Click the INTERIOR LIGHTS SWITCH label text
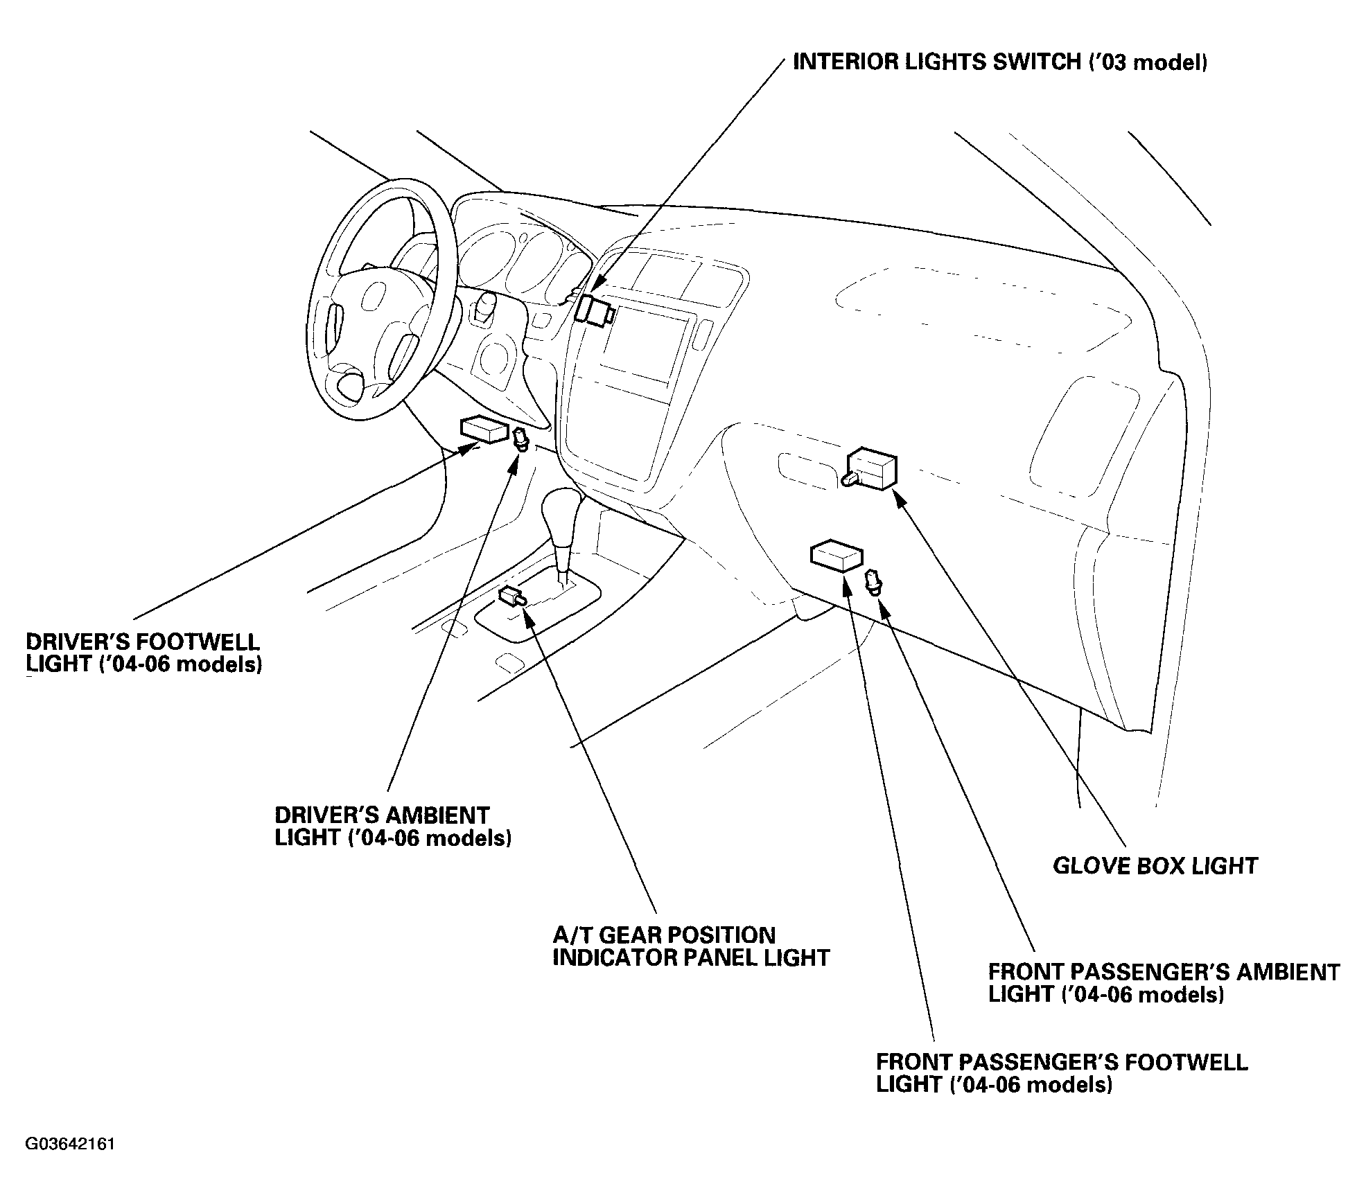(x=1000, y=62)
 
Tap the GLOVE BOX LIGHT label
(x=1155, y=866)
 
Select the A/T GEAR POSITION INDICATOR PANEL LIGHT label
(x=691, y=946)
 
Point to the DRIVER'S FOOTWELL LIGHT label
(x=143, y=653)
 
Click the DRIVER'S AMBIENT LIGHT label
(x=393, y=826)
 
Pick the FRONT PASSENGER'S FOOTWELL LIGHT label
(x=1062, y=1073)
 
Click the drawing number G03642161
(x=70, y=1144)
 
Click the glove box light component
(x=870, y=469)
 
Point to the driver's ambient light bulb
(x=520, y=440)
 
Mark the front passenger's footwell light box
(x=837, y=556)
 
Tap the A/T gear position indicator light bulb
(x=512, y=596)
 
